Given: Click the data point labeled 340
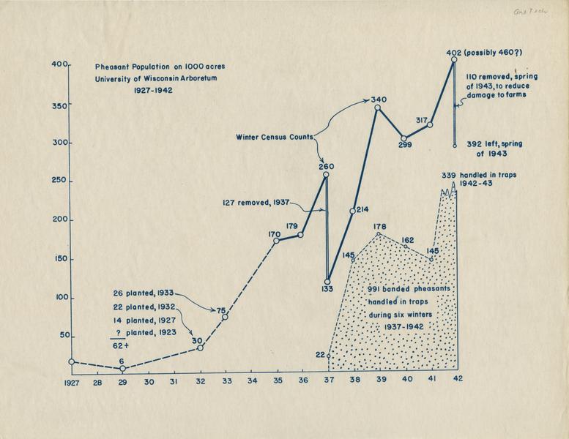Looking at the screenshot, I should pos(378,108).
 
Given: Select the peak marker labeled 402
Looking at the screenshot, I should pos(455,60).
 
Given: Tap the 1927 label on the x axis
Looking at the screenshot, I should pos(72,382).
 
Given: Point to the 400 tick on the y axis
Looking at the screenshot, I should pos(60,65).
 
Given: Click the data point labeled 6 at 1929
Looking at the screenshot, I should pos(123,368).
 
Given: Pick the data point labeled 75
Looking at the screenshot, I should pos(225,316).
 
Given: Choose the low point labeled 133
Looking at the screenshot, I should pos(327,280).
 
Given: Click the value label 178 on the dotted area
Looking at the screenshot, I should pos(379,227).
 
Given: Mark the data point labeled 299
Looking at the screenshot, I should pos(403,138).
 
